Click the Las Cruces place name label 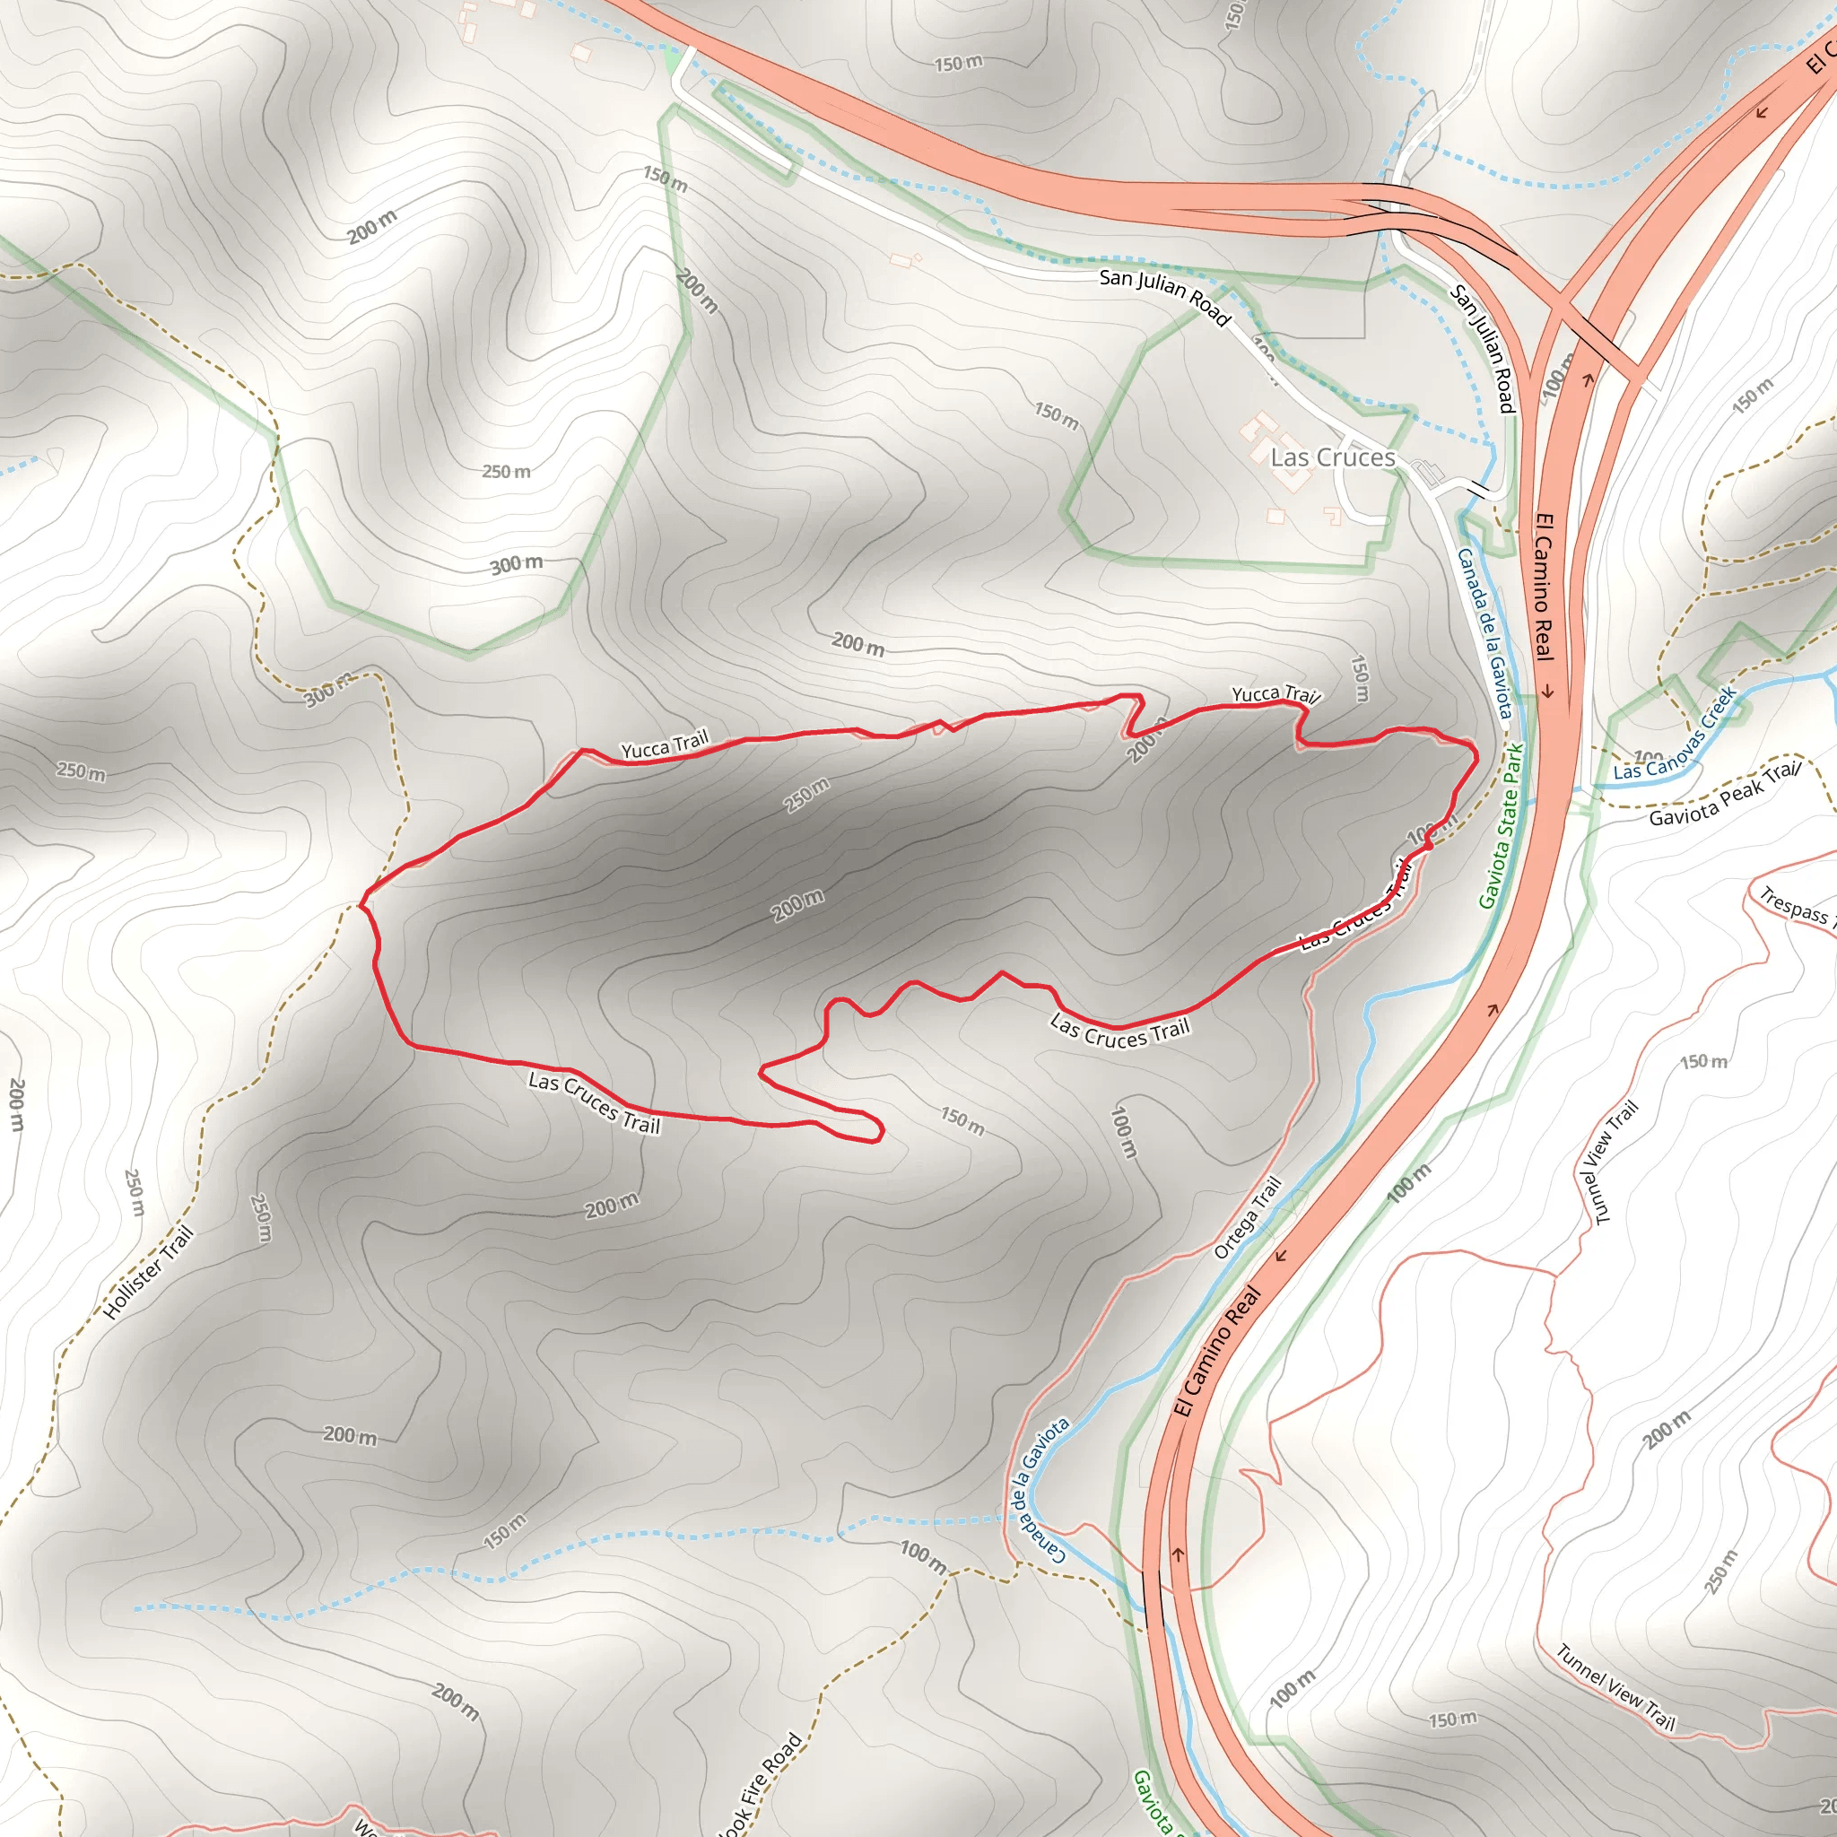click(x=1332, y=457)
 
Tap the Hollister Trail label click(x=148, y=1272)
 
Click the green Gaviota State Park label click(x=1502, y=825)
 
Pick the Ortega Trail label click(x=1248, y=1218)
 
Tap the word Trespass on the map click(x=1793, y=906)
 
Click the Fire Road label click(x=761, y=1784)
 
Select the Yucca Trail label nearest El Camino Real click(x=1275, y=694)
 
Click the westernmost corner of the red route click(x=363, y=902)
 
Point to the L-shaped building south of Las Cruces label click(x=1333, y=517)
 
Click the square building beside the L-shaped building click(x=1276, y=516)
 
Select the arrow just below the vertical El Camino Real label click(x=1547, y=691)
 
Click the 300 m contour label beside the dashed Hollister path click(x=329, y=691)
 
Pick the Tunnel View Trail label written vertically click(x=1609, y=1162)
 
